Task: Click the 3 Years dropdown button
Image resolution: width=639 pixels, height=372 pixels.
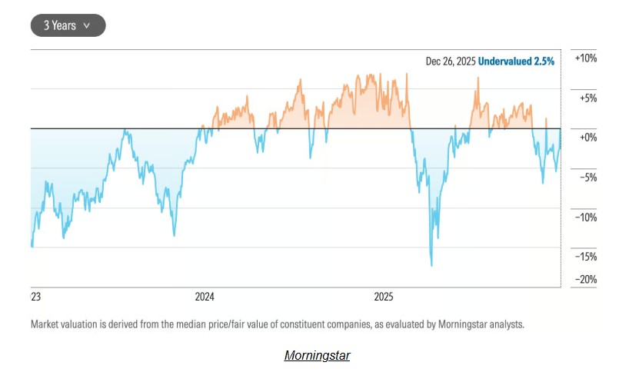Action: point(68,25)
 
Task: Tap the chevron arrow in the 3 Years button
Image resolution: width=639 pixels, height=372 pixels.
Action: point(86,25)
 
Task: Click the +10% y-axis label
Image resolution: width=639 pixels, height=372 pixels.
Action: point(586,59)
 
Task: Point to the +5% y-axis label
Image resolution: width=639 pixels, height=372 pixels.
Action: point(587,98)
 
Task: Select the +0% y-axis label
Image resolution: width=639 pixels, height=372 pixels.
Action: point(587,138)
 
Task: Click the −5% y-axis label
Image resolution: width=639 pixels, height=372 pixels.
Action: point(587,178)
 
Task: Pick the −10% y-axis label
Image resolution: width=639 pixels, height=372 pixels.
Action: point(586,217)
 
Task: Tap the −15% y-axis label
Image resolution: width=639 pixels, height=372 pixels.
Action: point(586,256)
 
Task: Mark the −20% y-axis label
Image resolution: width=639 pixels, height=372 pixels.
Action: point(586,280)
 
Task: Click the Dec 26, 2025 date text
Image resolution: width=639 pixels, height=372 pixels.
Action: point(451,61)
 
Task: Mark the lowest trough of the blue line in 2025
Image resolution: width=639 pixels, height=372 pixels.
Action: point(431,265)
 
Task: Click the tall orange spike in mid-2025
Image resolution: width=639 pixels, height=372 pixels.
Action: point(477,79)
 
